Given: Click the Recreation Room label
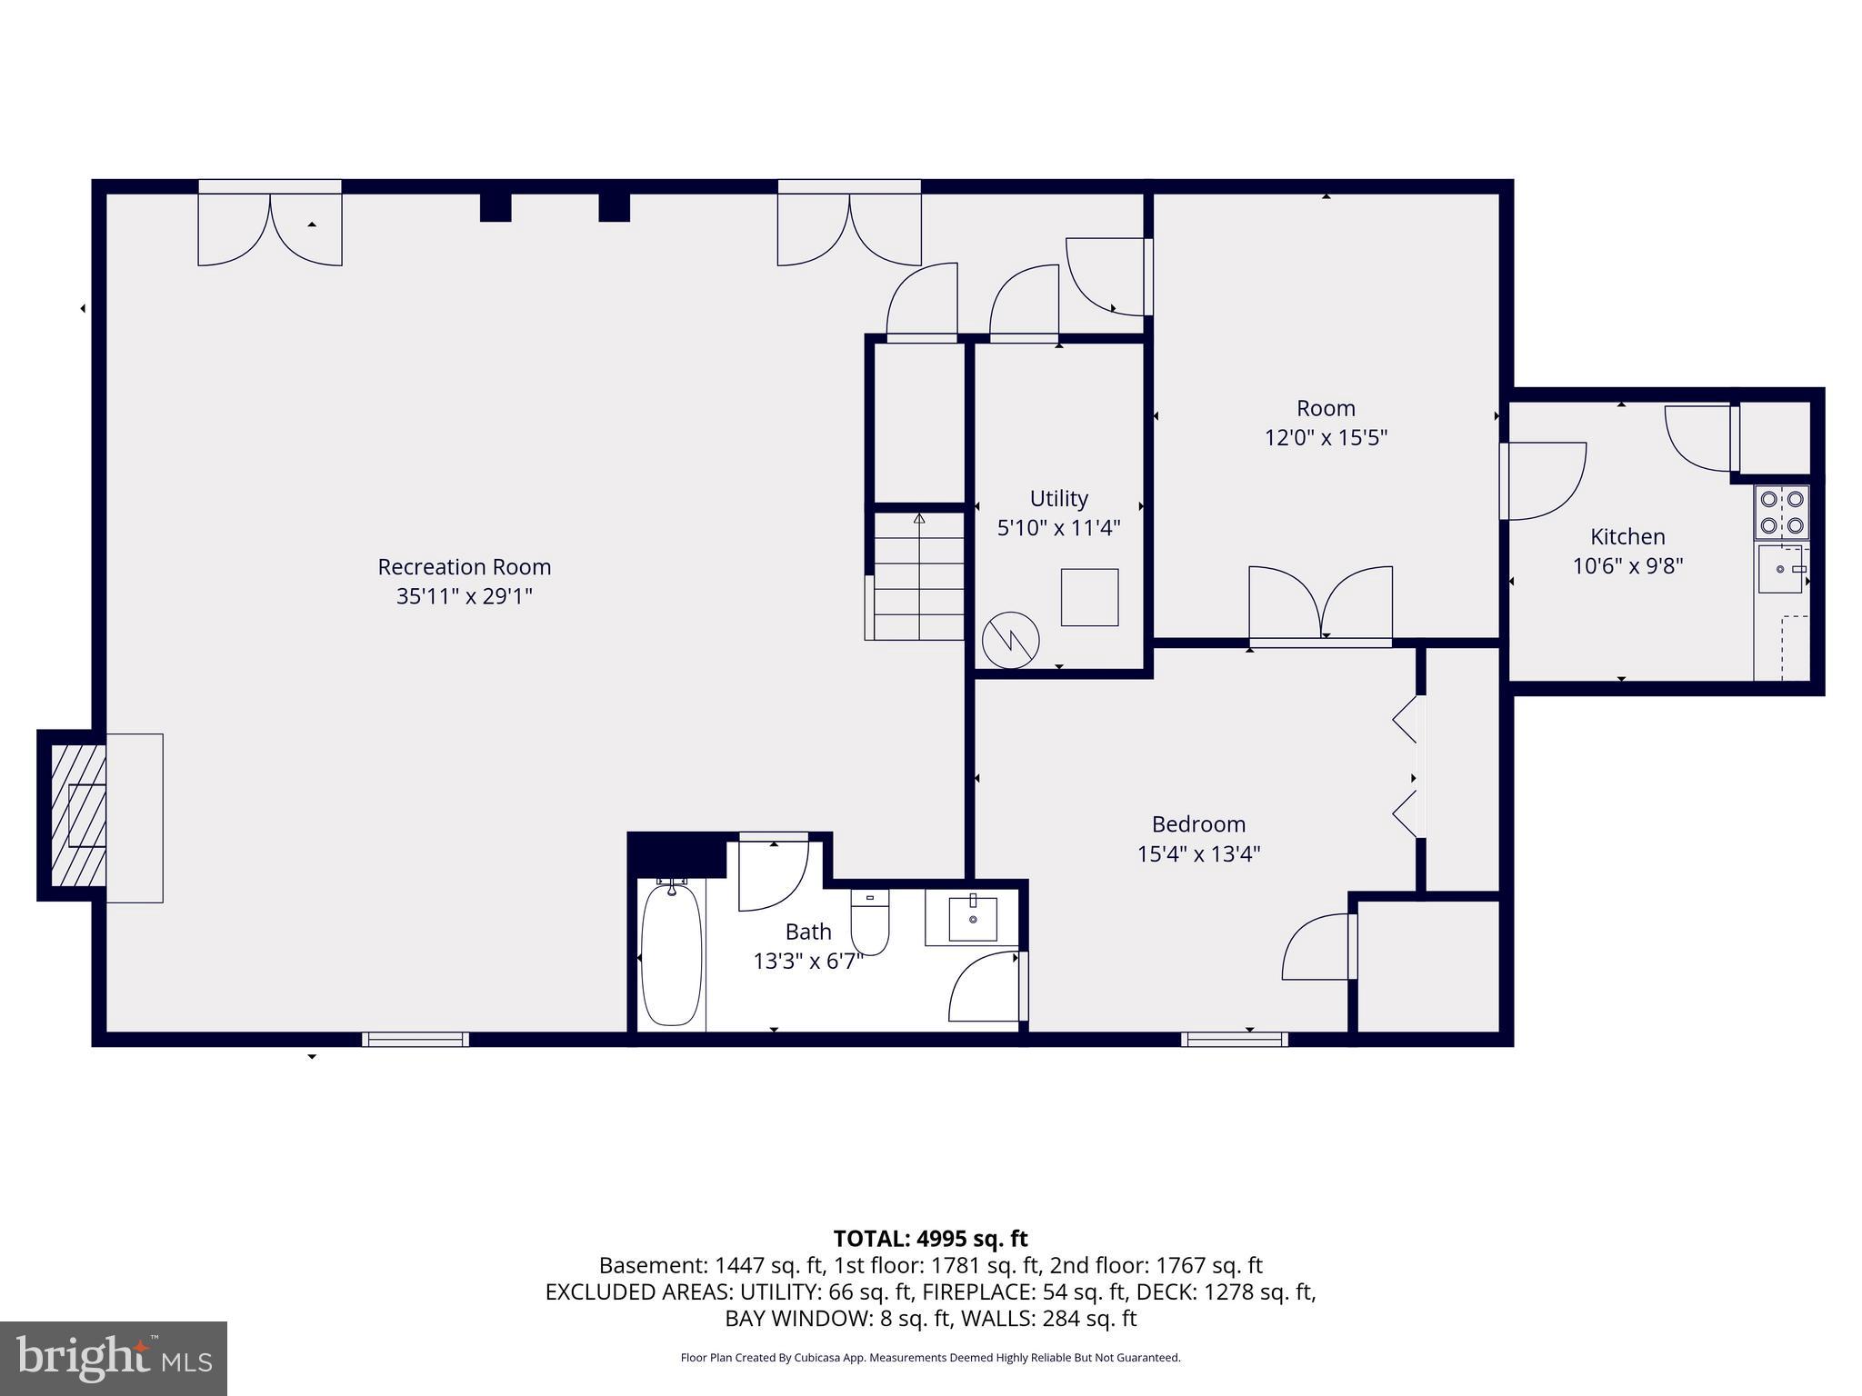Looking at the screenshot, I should (464, 567).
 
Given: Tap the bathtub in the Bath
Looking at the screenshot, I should (672, 954).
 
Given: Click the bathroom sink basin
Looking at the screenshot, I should (973, 918).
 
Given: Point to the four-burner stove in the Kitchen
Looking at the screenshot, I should (1781, 512).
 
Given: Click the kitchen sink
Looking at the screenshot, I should (1780, 569).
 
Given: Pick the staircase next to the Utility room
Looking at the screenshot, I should (918, 576).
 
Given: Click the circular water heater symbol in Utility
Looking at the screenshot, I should (1010, 640).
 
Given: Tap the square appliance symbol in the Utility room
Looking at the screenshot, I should (1089, 597).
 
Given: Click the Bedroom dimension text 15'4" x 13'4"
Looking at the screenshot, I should (1198, 854).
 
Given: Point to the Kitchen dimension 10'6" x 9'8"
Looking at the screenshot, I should (1627, 566).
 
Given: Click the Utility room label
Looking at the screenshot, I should (1058, 498).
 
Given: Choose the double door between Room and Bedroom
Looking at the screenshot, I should (1320, 606).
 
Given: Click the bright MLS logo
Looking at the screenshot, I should (114, 1358).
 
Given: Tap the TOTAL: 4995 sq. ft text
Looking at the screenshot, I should (930, 1239).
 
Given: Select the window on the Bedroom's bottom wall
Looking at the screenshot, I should (1234, 1040).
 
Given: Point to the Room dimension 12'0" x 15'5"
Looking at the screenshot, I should (1326, 438).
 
